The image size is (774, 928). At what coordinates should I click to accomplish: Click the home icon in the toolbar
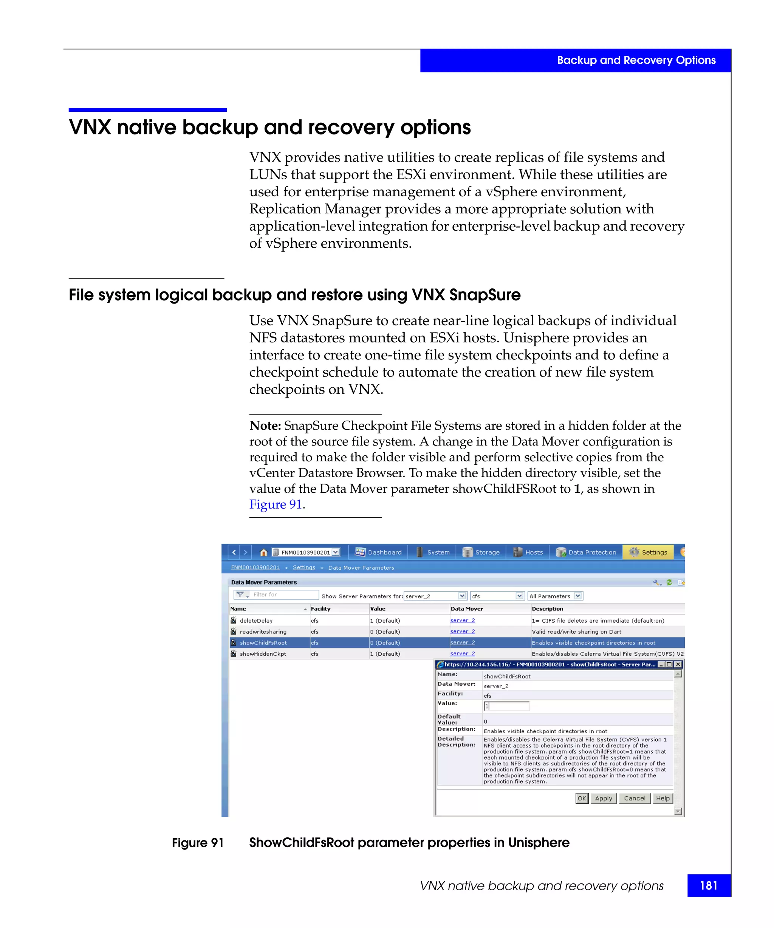click(x=263, y=552)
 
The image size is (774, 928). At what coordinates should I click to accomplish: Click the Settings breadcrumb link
click(x=304, y=567)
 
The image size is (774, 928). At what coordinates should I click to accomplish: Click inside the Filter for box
click(x=283, y=594)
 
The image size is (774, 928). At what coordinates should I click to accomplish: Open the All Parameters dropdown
click(x=555, y=596)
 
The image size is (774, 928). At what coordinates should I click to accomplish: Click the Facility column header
click(x=320, y=609)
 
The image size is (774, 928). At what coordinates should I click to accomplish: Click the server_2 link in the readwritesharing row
click(x=462, y=632)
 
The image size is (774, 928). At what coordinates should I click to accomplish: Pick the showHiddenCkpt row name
click(x=263, y=654)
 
